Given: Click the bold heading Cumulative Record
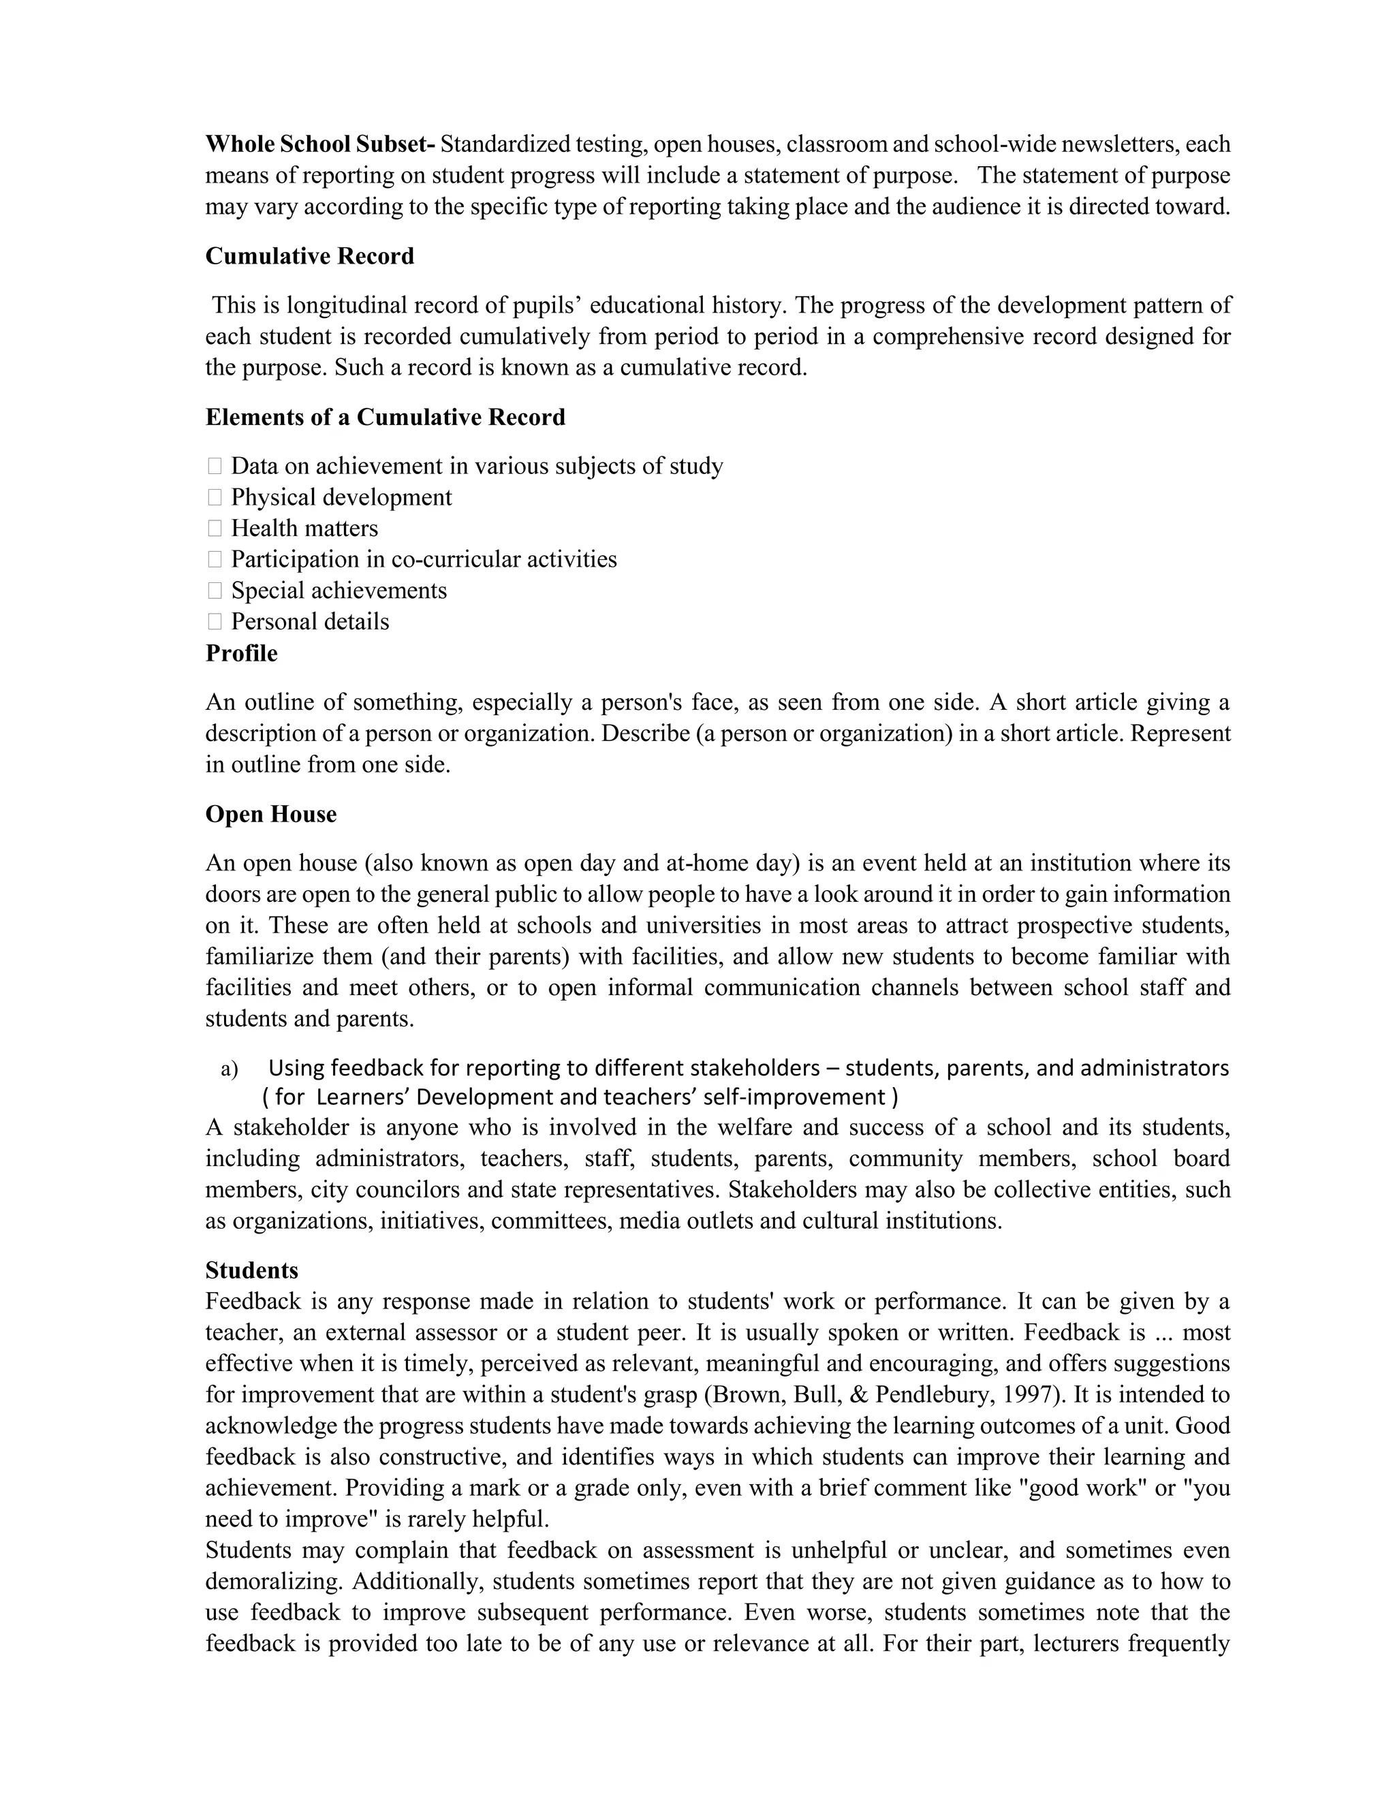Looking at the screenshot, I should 309,256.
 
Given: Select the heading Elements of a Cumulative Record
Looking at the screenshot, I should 385,417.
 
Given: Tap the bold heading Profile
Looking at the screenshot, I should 241,653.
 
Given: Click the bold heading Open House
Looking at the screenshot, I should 271,814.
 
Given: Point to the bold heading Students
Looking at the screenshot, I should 251,1270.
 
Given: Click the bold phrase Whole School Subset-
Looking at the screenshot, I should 320,144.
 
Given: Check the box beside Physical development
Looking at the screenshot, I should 215,497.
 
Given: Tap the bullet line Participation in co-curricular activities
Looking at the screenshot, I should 424,559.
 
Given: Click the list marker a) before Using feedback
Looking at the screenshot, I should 230,1069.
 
